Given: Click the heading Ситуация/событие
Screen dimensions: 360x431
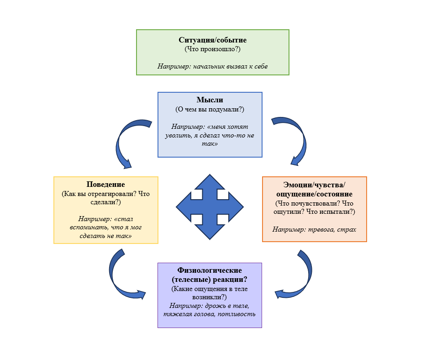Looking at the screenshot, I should [x=213, y=40].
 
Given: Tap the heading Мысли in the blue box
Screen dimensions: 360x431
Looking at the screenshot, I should [x=210, y=100].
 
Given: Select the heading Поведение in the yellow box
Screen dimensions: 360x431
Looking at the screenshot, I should [x=105, y=185].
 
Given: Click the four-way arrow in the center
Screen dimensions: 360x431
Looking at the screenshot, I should [x=210, y=207].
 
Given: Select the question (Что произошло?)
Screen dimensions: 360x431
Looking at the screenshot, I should [x=212, y=49].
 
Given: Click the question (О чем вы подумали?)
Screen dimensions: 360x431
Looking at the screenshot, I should [x=210, y=109].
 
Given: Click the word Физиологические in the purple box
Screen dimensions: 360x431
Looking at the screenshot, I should [x=210, y=270].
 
